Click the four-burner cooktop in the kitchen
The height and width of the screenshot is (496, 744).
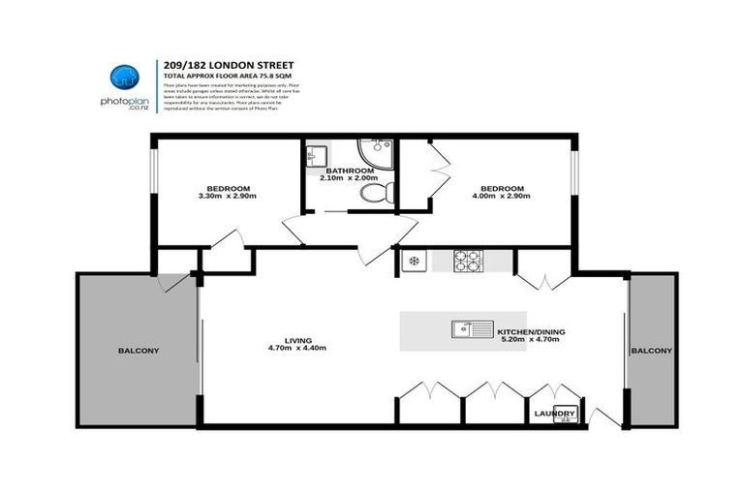469,260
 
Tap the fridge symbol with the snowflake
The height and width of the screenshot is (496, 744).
412,260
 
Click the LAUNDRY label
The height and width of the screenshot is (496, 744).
555,415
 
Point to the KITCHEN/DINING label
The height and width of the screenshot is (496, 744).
529,332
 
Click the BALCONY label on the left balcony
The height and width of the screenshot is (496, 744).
138,351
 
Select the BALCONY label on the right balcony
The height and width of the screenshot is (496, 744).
654,351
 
